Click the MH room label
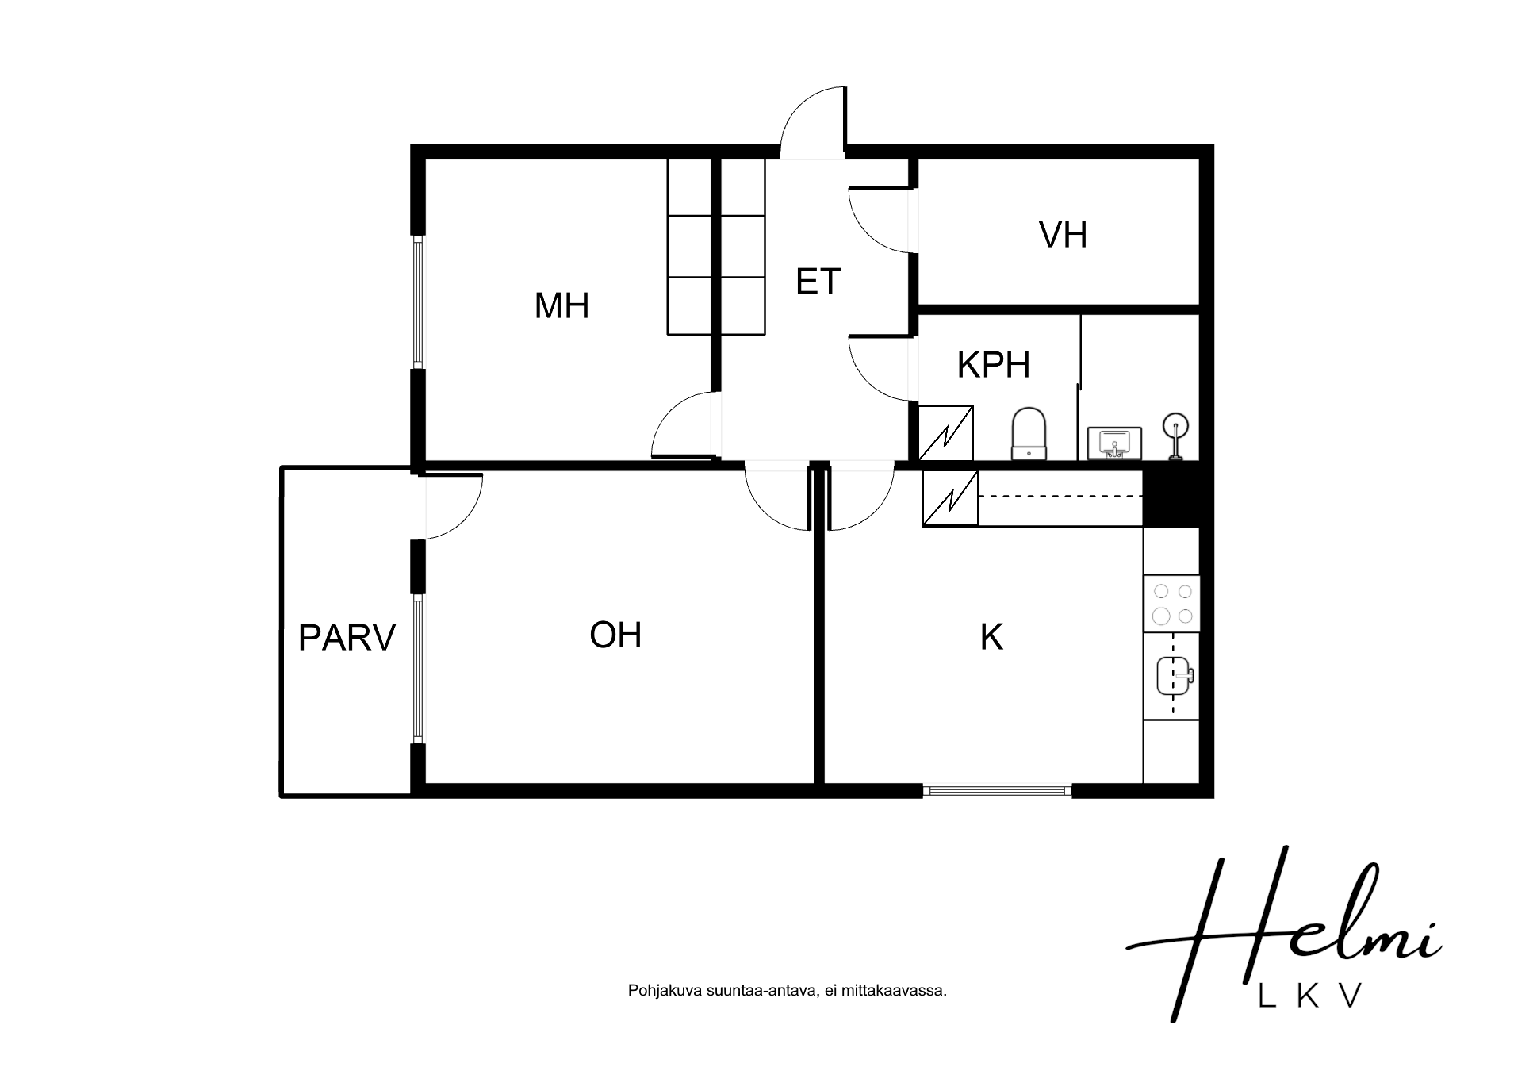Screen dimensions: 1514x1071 click(562, 305)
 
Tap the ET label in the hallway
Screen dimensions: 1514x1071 click(818, 282)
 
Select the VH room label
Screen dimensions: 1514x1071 click(1063, 234)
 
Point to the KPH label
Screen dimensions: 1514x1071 click(993, 364)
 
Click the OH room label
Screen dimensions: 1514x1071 click(615, 635)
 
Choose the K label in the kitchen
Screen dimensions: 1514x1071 click(991, 637)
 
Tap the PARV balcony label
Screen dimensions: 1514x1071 click(347, 638)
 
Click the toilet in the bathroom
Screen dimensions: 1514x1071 click(1029, 433)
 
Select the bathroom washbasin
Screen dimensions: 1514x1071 click(1114, 443)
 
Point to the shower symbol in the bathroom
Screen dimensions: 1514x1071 click(1174, 436)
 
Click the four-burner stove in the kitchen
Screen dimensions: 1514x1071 click(1171, 604)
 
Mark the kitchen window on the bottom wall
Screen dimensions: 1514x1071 click(998, 790)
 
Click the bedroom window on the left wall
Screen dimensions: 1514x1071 click(418, 302)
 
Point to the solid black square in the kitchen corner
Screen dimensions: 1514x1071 click(1171, 497)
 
